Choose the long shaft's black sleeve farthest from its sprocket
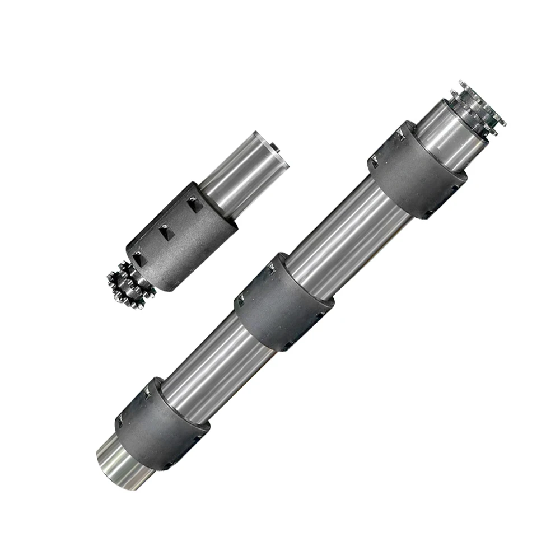click(x=162, y=423)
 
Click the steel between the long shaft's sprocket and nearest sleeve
click(x=445, y=134)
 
